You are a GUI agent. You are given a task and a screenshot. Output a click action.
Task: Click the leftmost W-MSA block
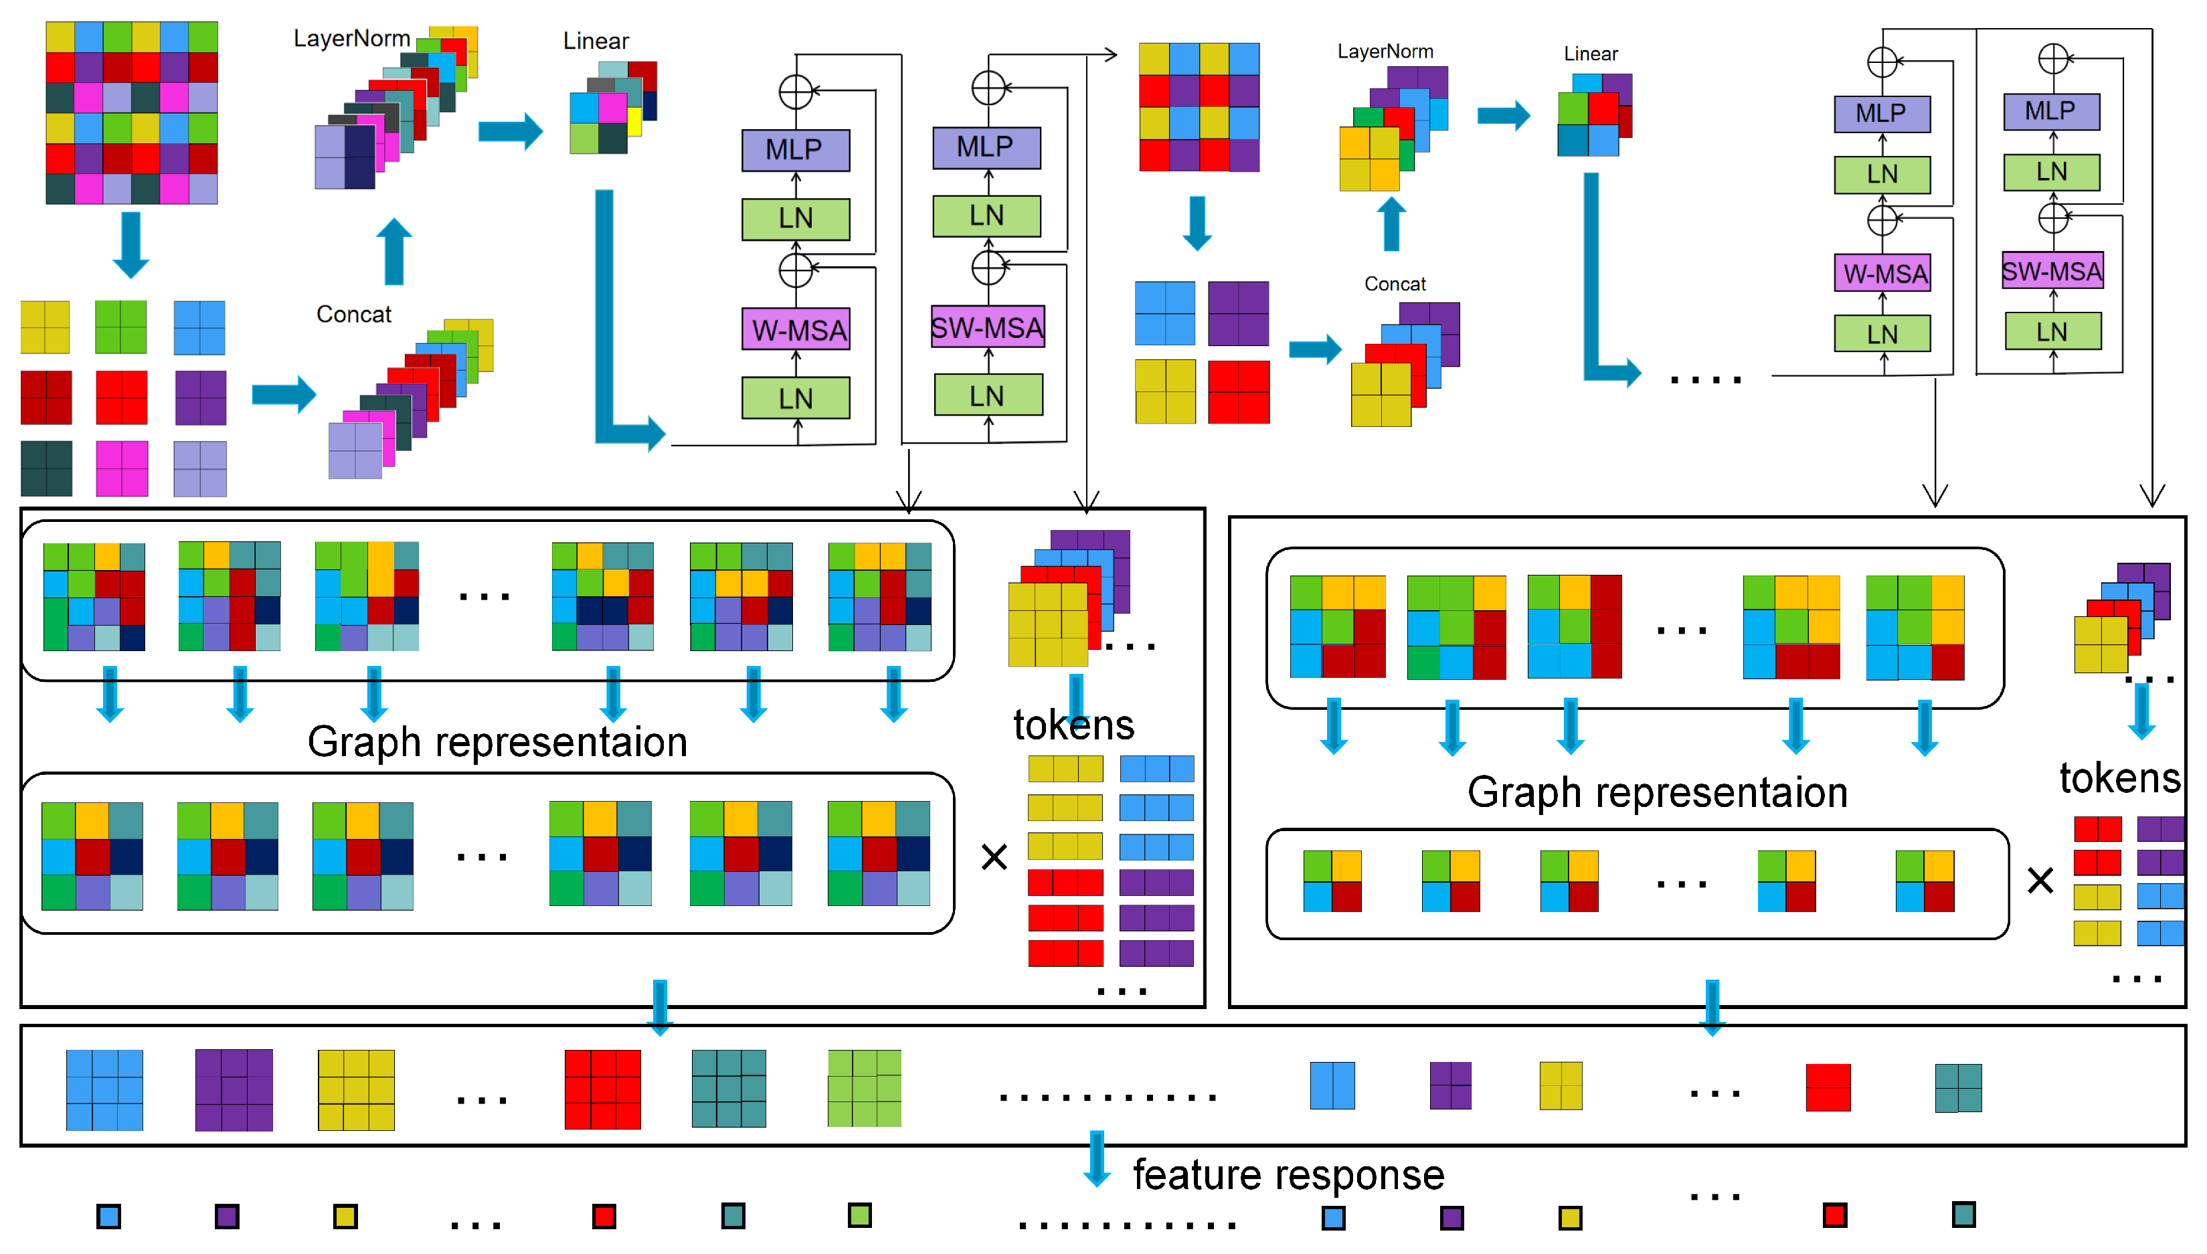tap(796, 330)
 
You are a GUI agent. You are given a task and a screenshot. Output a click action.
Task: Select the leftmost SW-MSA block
tap(988, 327)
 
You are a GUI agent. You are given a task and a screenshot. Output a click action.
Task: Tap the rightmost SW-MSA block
tap(2052, 271)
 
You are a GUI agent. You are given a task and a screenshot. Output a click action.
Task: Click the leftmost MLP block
tap(796, 150)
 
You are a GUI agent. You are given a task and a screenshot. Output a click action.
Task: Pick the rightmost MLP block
tap(2050, 112)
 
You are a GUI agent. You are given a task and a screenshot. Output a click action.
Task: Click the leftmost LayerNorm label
tap(351, 39)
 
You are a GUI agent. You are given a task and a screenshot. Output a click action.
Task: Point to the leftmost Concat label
tap(353, 315)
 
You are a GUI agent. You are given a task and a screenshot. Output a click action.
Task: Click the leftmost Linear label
tap(596, 41)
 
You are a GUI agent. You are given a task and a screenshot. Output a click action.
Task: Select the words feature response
tap(1288, 1175)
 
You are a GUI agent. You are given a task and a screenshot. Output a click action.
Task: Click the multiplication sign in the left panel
tap(994, 857)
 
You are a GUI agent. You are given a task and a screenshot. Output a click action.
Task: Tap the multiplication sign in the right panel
tap(2040, 880)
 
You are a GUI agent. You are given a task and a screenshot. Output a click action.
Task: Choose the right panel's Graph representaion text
tap(1657, 792)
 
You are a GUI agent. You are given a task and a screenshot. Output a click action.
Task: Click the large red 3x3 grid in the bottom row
tap(603, 1089)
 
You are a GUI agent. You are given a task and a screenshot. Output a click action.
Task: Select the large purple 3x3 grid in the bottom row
tap(234, 1089)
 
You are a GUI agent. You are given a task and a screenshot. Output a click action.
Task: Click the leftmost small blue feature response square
tap(108, 1216)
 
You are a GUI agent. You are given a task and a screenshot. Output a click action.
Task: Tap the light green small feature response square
tap(859, 1215)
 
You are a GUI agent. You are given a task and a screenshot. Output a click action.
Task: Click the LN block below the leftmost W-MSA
tap(796, 399)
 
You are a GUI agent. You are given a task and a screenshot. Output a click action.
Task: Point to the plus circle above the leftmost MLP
tap(796, 91)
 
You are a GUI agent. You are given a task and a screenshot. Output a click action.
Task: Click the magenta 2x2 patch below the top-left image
tap(121, 468)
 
